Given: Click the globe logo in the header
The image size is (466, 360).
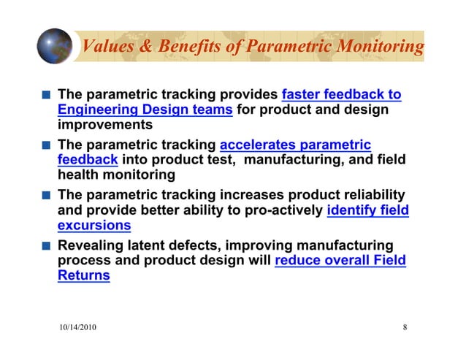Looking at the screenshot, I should coord(55,46).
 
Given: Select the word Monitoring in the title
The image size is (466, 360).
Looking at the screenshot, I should coord(378,47).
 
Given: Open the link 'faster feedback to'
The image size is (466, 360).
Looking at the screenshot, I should coord(341,94).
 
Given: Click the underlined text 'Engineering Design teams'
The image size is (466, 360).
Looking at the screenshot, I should coord(145,110).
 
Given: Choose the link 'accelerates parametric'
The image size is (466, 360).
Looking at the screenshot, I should coord(295,145).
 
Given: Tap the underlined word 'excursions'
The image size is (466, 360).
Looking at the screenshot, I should coord(94,226).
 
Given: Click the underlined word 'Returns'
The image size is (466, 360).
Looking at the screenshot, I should coord(83,276).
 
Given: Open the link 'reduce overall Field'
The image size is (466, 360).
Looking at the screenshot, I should coord(340,261).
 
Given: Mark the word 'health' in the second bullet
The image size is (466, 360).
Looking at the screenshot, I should coord(77,175).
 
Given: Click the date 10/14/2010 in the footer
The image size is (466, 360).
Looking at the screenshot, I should coord(77,327).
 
